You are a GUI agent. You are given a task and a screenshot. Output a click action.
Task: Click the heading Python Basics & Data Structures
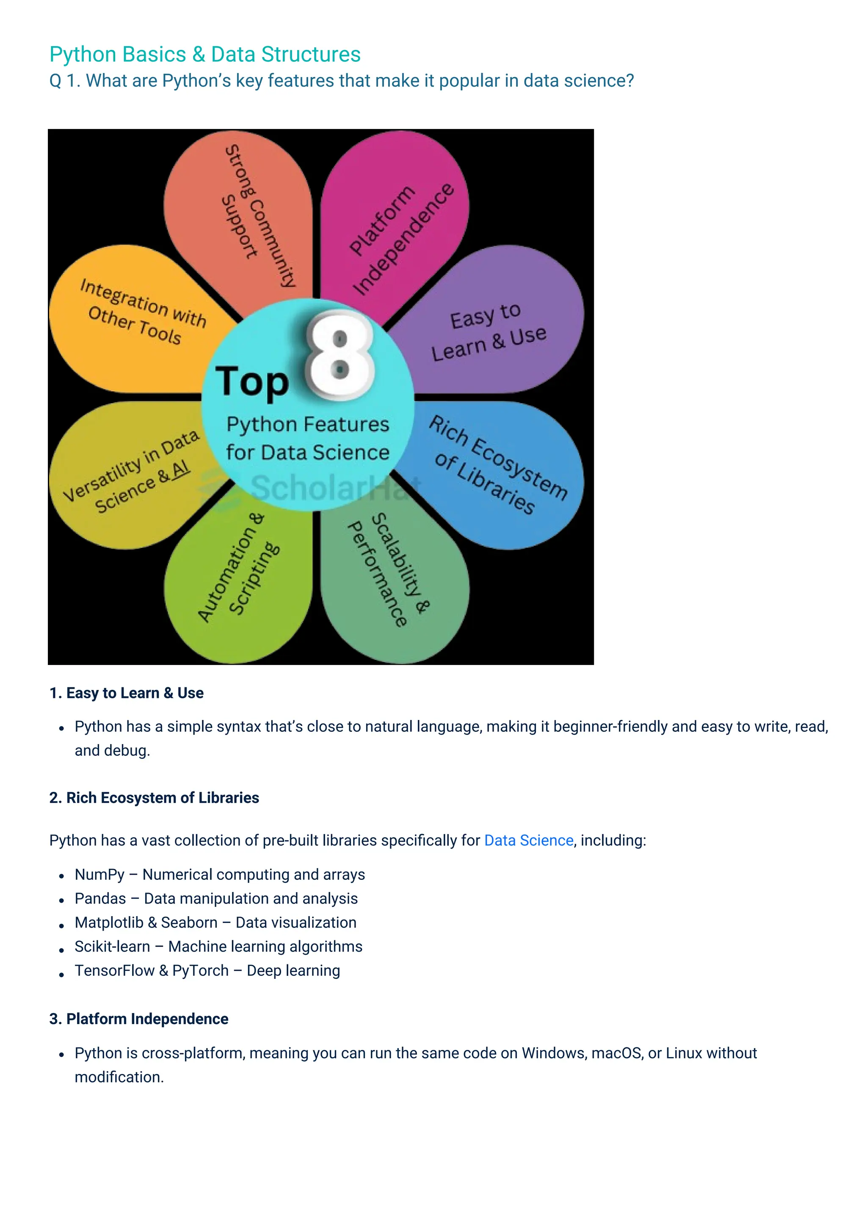pyautogui.click(x=204, y=55)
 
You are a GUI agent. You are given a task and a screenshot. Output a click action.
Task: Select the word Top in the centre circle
pyautogui.click(x=251, y=382)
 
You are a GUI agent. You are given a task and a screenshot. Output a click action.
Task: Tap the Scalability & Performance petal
pyautogui.click(x=392, y=576)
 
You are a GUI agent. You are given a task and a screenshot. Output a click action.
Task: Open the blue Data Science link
pyautogui.click(x=528, y=840)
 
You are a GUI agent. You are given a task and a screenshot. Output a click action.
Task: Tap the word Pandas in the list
pyautogui.click(x=100, y=899)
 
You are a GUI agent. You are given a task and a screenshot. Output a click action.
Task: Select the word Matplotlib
pyautogui.click(x=109, y=923)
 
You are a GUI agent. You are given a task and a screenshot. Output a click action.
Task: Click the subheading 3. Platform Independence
pyautogui.click(x=139, y=1019)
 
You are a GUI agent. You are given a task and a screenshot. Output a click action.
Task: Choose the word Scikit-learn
pyautogui.click(x=112, y=947)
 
